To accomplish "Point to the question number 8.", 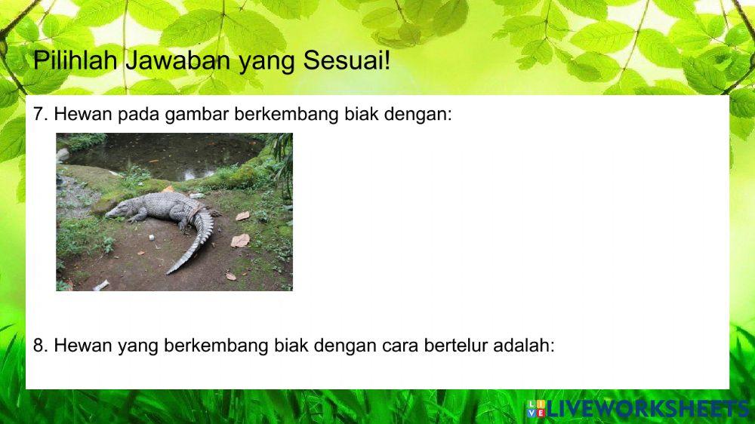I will pyautogui.click(x=41, y=346).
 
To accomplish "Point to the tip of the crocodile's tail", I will pyautogui.click(x=170, y=272).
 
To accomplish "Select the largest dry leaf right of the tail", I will pyautogui.click(x=240, y=240).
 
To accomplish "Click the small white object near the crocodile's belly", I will pyautogui.click(x=150, y=237).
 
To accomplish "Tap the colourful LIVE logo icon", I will pyautogui.click(x=535, y=410).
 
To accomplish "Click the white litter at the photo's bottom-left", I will pyautogui.click(x=100, y=285).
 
